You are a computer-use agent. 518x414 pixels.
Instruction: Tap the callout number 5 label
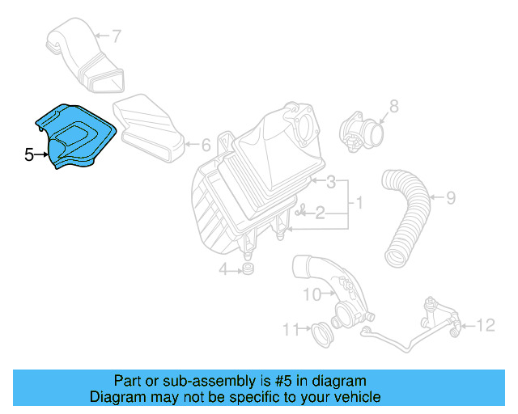click(x=29, y=154)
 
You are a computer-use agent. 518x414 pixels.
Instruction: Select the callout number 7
click(x=117, y=36)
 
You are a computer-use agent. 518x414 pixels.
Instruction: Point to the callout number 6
click(x=206, y=146)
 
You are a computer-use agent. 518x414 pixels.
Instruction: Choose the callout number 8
click(x=394, y=105)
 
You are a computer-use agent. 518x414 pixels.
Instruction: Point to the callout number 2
click(x=320, y=213)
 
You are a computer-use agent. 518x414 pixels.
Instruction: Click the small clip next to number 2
click(x=301, y=213)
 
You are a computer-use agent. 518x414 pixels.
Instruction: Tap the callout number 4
click(x=222, y=269)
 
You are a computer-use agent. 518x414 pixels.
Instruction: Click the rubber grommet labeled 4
click(x=248, y=267)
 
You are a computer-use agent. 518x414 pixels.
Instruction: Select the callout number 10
click(x=312, y=295)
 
